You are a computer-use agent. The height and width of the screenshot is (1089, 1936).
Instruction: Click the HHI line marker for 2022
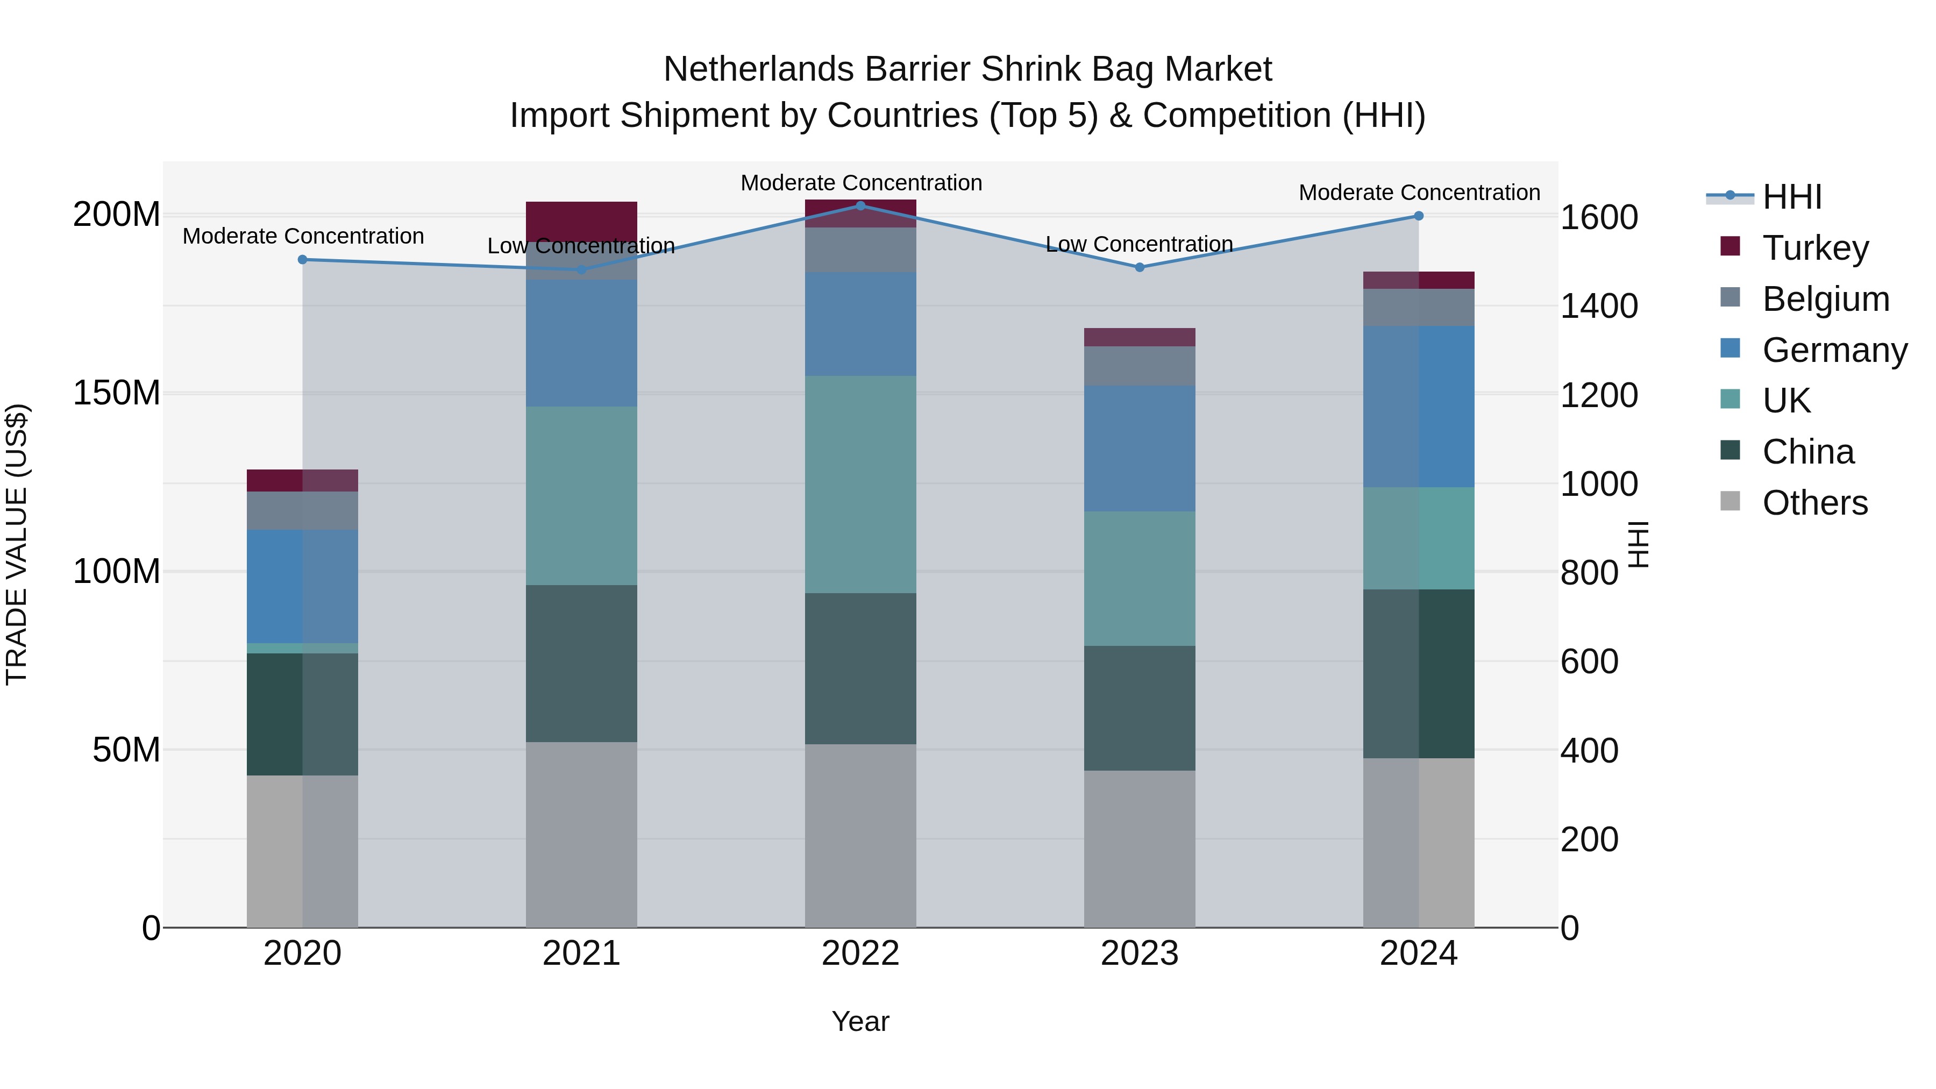[x=860, y=205]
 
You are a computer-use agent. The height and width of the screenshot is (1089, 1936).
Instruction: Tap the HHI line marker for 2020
[x=302, y=259]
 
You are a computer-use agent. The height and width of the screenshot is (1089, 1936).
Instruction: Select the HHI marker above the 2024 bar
[x=1418, y=216]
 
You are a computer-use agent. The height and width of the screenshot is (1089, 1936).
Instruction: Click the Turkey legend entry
[x=1815, y=248]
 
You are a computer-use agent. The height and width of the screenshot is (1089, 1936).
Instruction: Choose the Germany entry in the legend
[x=1834, y=350]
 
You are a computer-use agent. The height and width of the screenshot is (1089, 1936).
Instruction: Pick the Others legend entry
[x=1814, y=503]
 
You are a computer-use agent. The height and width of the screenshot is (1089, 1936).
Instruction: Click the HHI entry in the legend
[x=1792, y=197]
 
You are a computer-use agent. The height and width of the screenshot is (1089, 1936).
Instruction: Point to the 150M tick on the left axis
[x=117, y=393]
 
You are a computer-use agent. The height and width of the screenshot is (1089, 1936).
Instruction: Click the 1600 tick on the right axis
[x=1599, y=218]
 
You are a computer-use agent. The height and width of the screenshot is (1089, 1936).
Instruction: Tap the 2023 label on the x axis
[x=1140, y=953]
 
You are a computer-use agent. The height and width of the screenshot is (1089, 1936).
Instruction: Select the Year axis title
[x=860, y=1021]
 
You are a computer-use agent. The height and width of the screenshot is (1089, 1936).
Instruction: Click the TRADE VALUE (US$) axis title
[x=17, y=544]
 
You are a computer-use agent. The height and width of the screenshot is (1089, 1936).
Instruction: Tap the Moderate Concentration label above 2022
[x=860, y=183]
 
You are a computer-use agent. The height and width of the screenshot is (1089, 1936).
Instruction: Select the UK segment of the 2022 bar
[x=860, y=484]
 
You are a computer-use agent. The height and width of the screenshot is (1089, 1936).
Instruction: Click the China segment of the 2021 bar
[x=581, y=663]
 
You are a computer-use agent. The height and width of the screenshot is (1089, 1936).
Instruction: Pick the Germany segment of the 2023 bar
[x=1140, y=449]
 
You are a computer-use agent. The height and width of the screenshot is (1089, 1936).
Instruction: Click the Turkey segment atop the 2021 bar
[x=581, y=221]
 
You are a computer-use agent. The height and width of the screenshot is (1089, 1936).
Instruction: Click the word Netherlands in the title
[x=759, y=69]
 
